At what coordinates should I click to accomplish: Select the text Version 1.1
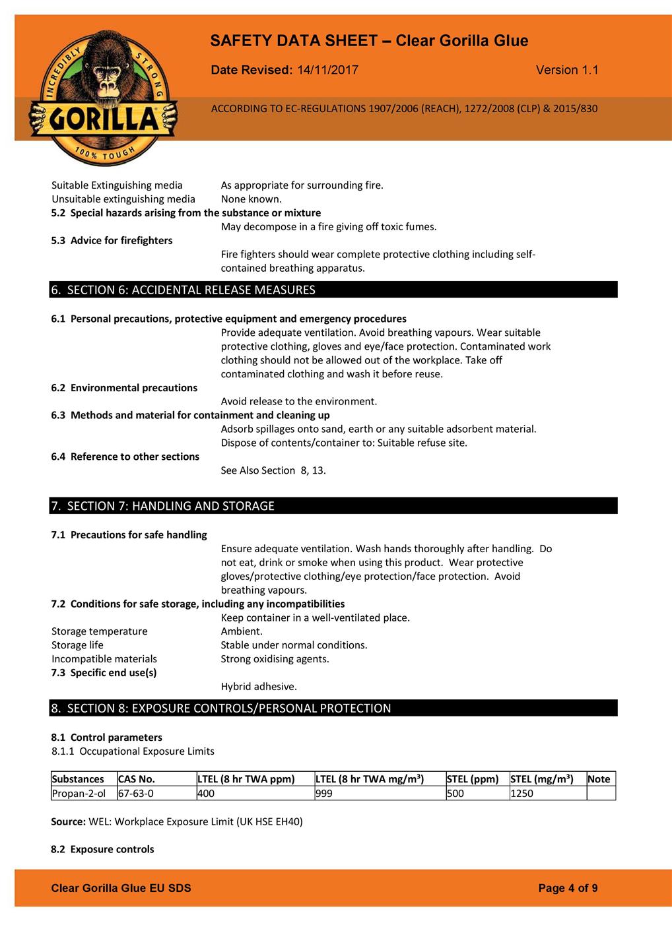coord(567,70)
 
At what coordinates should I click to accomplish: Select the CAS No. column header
coord(137,779)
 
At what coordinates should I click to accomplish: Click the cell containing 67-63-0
coord(136,793)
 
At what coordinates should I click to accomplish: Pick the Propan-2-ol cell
coord(79,793)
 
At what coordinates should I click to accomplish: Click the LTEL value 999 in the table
coord(324,793)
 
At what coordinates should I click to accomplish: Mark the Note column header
coord(599,779)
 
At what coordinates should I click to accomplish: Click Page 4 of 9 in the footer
coord(568,888)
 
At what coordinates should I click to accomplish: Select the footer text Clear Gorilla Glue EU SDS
coord(121,888)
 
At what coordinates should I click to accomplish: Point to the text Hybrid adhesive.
coord(259,686)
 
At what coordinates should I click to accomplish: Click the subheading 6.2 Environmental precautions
coord(124,388)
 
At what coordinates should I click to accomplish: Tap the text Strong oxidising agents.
coord(275,658)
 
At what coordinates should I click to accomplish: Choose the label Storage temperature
coord(100,631)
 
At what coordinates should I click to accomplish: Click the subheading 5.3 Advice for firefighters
coord(112,240)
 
